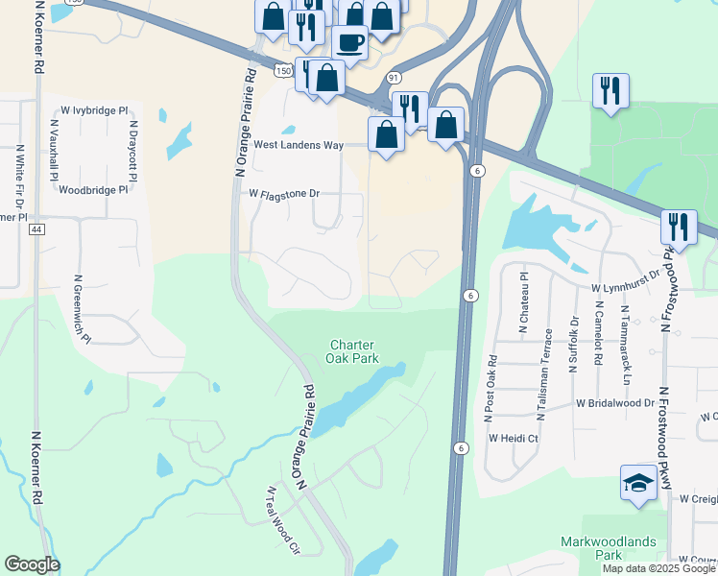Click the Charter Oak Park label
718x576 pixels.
click(x=354, y=351)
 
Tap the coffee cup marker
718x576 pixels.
click(x=349, y=42)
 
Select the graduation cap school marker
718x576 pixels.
click(x=638, y=483)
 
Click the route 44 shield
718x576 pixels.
click(x=36, y=229)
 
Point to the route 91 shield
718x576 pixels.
click(x=394, y=77)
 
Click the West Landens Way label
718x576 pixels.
click(x=299, y=145)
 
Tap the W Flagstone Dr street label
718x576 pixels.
click(x=283, y=194)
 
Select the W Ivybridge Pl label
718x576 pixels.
click(x=94, y=111)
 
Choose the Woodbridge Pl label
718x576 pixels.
click(x=93, y=190)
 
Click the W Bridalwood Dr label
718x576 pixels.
click(x=614, y=404)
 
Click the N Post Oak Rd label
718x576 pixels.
click(x=490, y=389)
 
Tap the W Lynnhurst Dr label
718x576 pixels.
click(x=626, y=287)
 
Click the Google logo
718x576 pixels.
click(x=32, y=564)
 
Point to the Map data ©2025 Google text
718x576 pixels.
click(x=658, y=568)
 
